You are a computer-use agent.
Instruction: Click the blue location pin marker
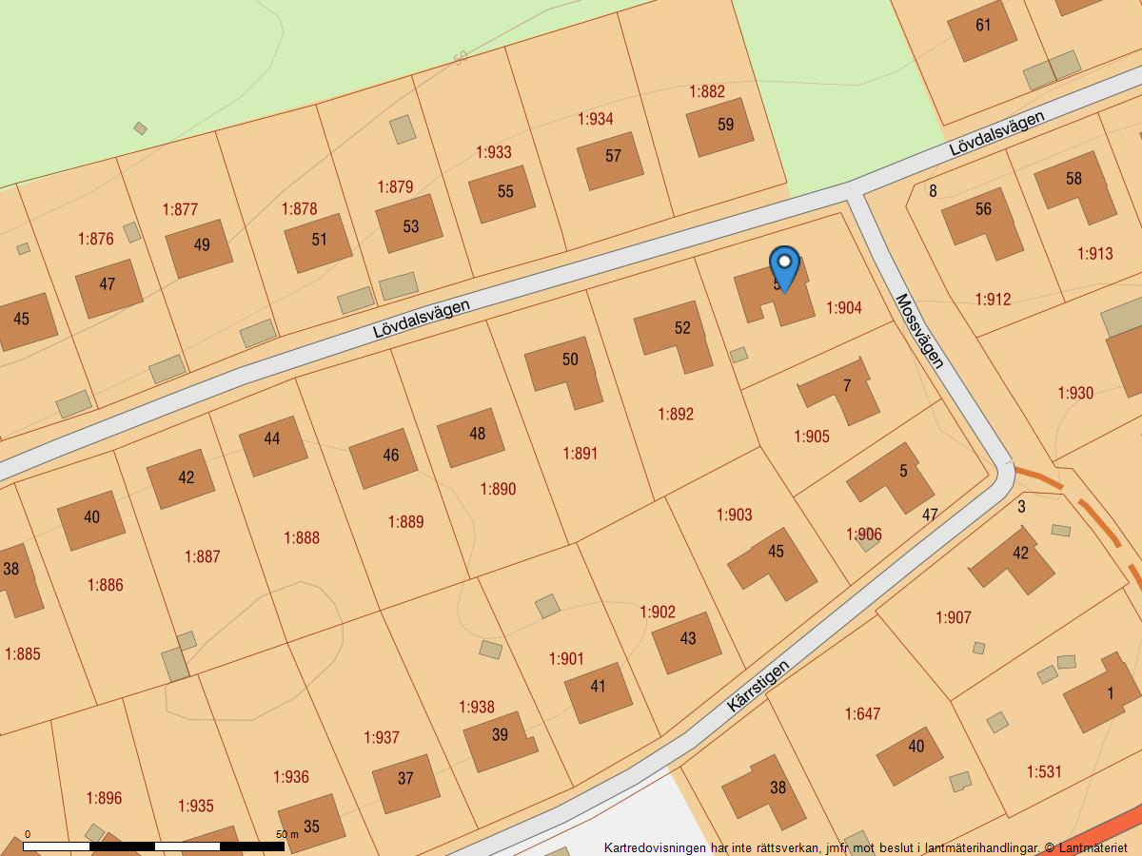tap(783, 267)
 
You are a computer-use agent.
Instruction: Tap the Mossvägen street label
tap(919, 330)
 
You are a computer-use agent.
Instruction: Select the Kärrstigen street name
tap(758, 686)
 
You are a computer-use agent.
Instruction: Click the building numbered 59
tap(720, 126)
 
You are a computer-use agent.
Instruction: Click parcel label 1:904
tap(843, 308)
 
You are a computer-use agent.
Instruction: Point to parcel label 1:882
tap(707, 91)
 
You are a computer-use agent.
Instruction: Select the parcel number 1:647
tap(862, 713)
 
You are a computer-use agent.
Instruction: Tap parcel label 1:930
tap(1075, 393)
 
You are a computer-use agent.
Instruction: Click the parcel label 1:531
tap(1043, 771)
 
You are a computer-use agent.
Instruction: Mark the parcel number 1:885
tap(23, 654)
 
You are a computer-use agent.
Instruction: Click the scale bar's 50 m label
tap(286, 834)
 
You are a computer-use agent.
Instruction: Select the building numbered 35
tap(311, 823)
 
